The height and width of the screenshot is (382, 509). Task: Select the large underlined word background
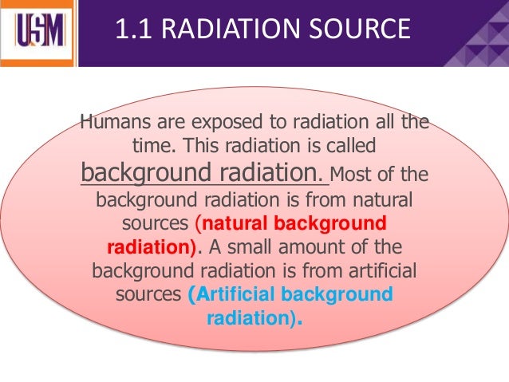tap(142, 172)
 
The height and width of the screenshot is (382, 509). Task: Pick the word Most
tap(348, 174)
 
